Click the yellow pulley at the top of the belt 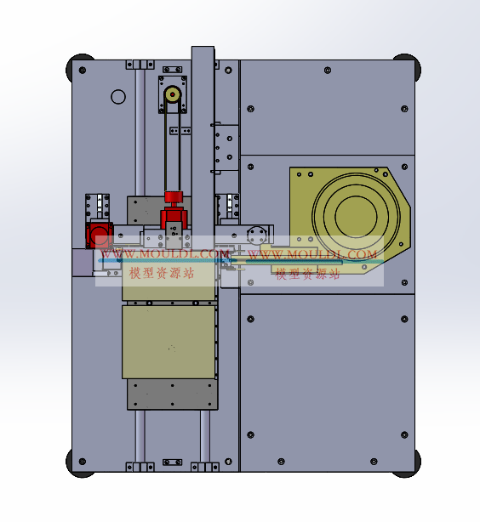click(173, 95)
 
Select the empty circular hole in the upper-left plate click(118, 97)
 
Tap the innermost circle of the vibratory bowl click(356, 217)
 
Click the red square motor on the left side click(99, 235)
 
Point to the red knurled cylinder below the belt click(174, 196)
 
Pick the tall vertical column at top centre click(203, 139)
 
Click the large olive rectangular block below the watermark click(169, 343)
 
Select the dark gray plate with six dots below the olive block click(172, 394)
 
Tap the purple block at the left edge click(83, 263)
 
